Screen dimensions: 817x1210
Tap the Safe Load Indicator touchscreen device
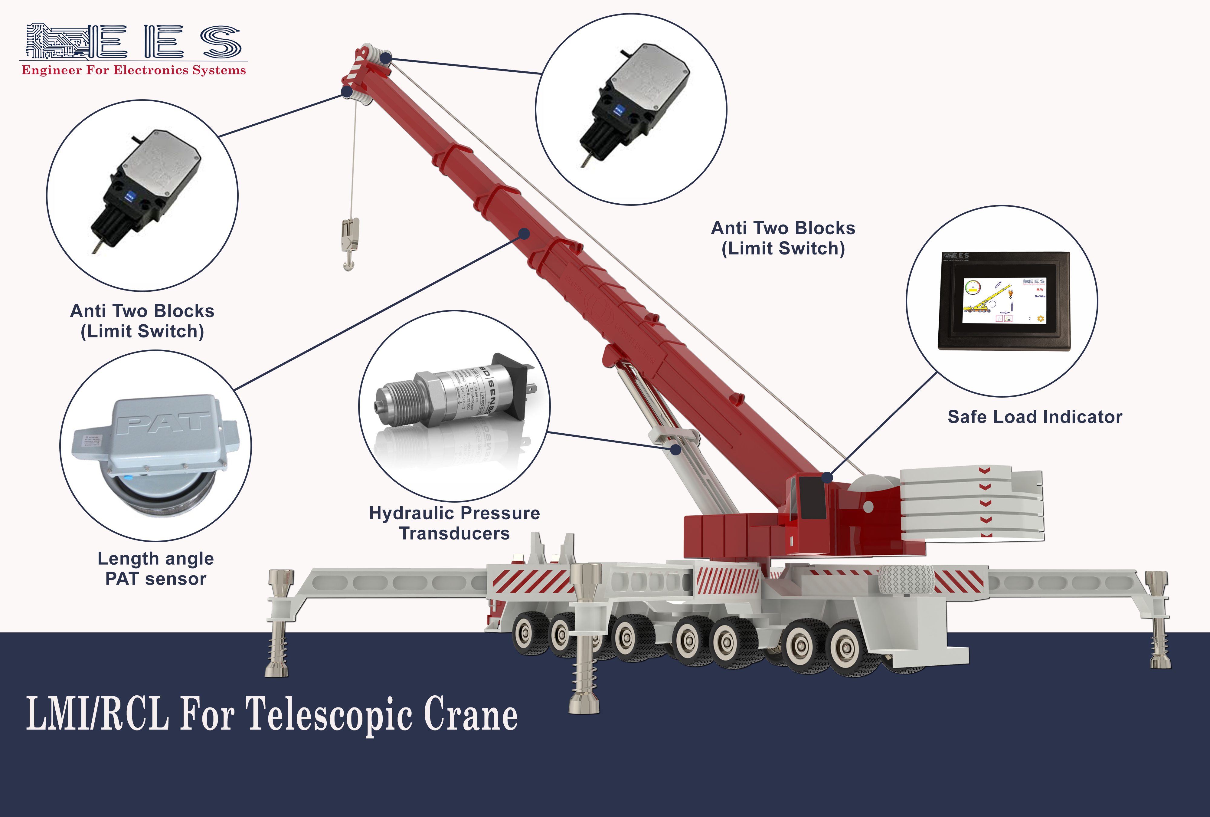1004,301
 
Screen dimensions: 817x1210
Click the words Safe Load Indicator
1035,417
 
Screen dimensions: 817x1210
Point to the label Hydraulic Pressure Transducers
454,523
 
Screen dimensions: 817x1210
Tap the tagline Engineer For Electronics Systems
133,70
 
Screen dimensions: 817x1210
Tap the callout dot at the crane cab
827,477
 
